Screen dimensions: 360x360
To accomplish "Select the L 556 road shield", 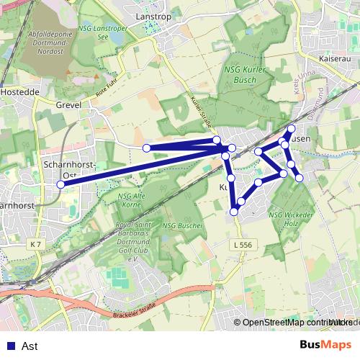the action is [243, 246].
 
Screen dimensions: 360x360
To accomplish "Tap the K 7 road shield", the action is [36, 245].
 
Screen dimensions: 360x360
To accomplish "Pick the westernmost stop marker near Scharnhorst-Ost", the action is [61, 184].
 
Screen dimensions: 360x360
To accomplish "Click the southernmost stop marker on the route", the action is [234, 211].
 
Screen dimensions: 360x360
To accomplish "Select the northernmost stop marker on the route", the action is [291, 129].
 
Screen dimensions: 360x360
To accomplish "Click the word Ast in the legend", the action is [30, 346].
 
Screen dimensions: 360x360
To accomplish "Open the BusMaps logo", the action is [325, 345].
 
